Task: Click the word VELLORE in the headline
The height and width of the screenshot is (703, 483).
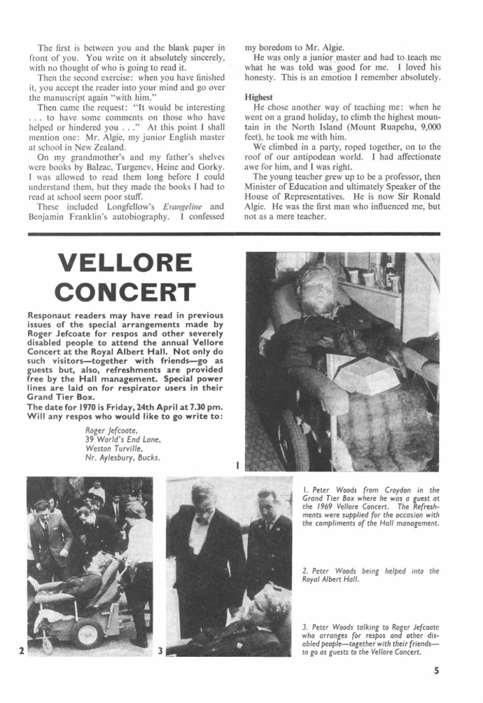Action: (125, 262)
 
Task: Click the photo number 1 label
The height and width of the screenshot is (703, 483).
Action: (238, 464)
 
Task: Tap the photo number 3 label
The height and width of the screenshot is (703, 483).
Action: (160, 651)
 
